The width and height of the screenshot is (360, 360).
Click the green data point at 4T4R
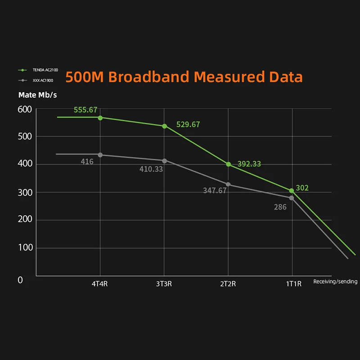100,117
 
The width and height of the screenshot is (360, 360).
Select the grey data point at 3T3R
164,161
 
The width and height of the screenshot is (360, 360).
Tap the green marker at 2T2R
229,164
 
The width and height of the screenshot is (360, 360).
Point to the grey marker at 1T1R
292,198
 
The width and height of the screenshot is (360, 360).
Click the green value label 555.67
85,110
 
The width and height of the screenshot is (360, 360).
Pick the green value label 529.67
188,125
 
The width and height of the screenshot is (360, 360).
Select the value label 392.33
249,164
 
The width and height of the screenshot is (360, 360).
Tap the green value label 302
302,188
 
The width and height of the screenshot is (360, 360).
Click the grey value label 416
87,161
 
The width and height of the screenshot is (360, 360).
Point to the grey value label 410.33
151,169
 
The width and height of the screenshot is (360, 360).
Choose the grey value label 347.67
215,190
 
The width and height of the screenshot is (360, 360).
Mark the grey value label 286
280,207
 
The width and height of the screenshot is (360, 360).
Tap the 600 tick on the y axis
25,109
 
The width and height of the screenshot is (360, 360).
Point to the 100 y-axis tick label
25,248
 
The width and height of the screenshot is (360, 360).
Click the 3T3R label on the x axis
164,283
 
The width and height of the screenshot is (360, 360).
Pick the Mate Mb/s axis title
37,95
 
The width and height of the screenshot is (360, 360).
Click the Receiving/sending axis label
335,282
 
